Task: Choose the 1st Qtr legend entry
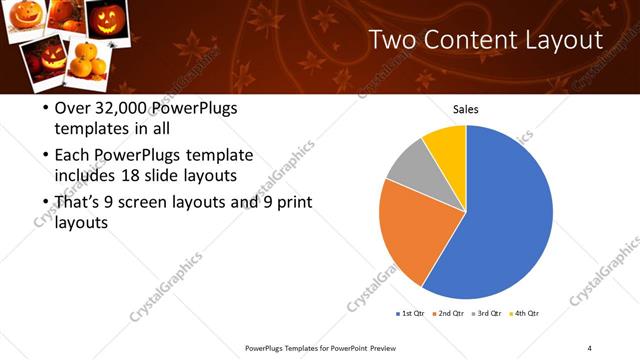tap(411, 314)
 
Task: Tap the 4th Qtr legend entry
tap(527, 314)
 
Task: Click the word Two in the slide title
tap(392, 40)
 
